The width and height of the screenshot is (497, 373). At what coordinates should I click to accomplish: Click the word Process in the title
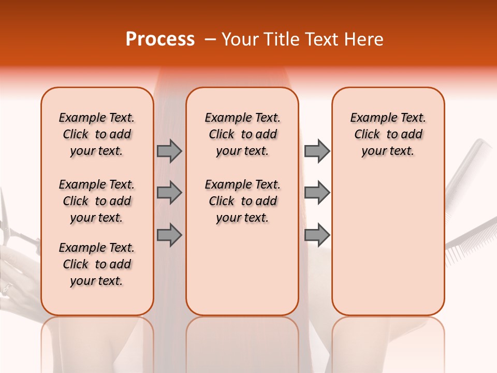pos(160,39)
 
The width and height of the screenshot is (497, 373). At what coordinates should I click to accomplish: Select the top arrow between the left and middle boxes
pos(169,151)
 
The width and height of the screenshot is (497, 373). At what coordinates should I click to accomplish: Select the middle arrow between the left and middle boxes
pos(169,193)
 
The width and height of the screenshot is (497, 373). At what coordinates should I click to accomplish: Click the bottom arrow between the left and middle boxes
pos(169,235)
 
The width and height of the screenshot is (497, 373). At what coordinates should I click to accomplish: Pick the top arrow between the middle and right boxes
pos(317,151)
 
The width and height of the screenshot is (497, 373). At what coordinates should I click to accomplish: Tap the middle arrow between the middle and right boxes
pos(317,193)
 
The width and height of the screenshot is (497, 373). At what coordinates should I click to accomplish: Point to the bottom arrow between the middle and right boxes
pos(317,235)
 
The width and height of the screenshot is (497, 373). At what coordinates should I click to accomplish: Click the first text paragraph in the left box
pos(97,134)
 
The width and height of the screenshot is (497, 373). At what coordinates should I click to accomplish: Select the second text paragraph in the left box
pos(97,201)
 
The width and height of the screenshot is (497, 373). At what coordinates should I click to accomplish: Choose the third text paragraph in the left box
pos(97,264)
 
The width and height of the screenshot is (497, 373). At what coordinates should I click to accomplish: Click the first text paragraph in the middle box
pos(242,134)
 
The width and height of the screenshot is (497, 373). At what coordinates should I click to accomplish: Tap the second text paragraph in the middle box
pos(242,201)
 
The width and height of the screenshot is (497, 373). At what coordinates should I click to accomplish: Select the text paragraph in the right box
pos(388,134)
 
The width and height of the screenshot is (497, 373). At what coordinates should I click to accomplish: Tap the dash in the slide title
pos(210,39)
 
